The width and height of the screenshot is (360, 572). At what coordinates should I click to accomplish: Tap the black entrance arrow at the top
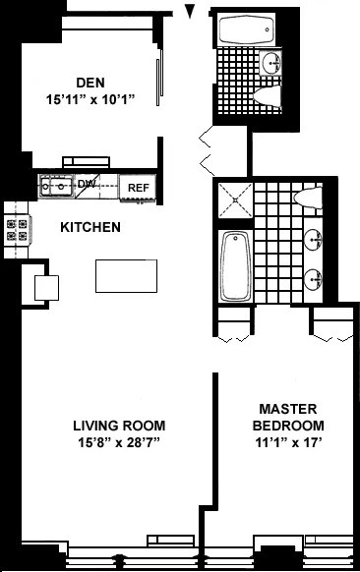[190, 11]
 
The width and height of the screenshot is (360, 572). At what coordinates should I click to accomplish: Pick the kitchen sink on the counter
[60, 185]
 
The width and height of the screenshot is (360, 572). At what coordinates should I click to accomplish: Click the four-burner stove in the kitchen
[17, 231]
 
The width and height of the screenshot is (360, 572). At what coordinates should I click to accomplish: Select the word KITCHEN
[90, 227]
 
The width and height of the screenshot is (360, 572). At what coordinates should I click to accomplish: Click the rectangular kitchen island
[126, 275]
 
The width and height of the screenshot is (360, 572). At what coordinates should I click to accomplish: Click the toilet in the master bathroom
[307, 198]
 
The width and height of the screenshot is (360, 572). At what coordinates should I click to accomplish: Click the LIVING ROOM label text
[118, 426]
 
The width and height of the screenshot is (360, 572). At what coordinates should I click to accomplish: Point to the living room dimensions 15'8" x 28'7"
[118, 443]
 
